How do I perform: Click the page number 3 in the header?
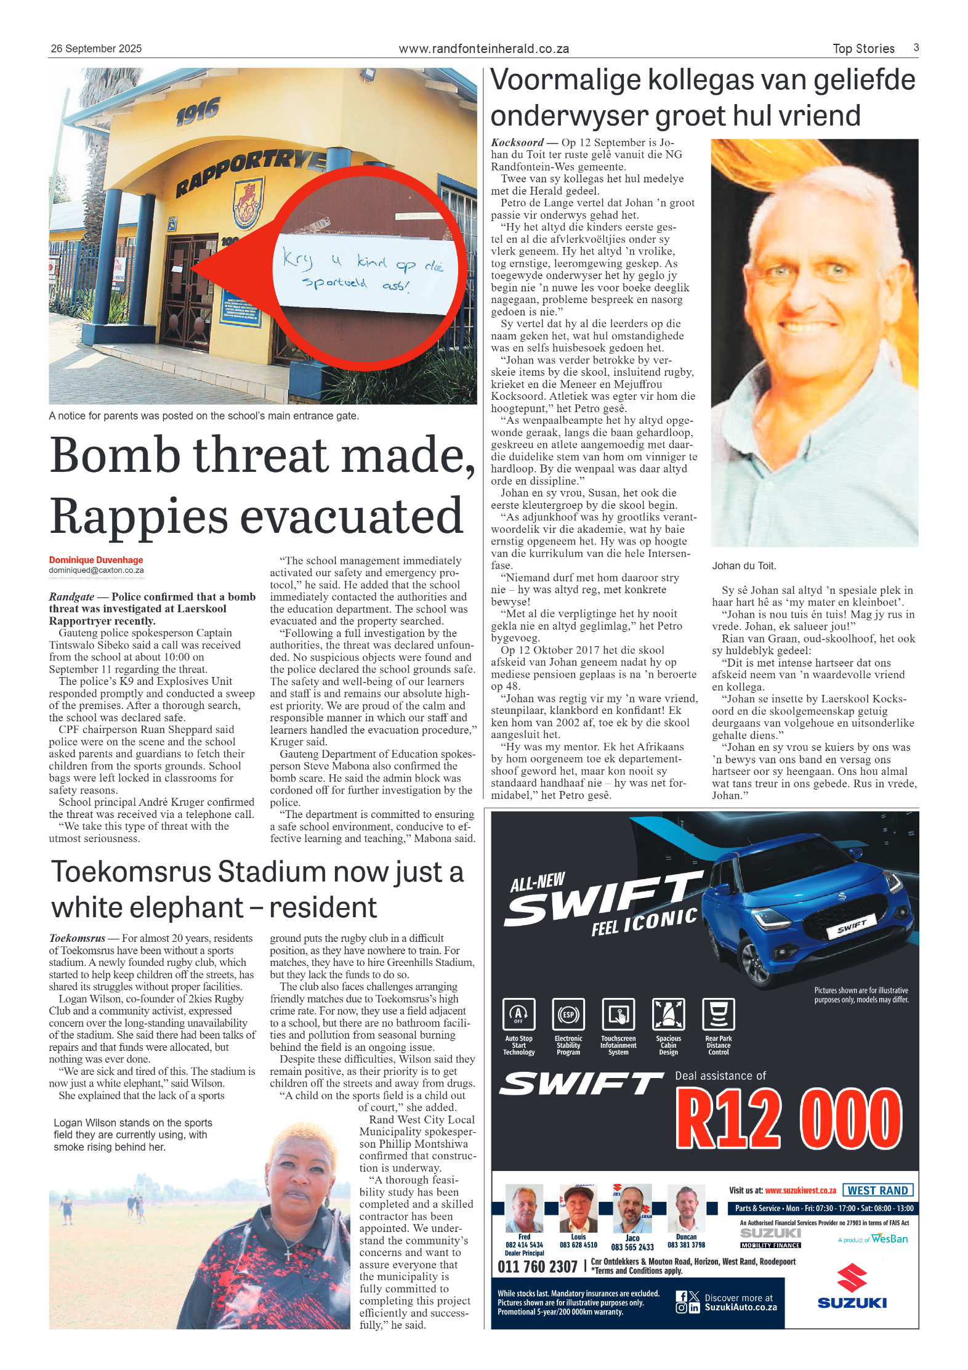point(916,47)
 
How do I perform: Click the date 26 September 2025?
point(96,49)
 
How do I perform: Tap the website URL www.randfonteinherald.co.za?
point(483,49)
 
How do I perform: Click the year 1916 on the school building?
point(198,111)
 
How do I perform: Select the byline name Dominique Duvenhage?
point(96,560)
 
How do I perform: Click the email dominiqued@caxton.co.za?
point(96,570)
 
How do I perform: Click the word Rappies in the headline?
point(139,516)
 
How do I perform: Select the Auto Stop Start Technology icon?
point(518,1015)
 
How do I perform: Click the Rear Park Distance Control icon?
point(718,1015)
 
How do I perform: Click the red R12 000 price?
point(789,1118)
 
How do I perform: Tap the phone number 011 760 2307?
point(537,1267)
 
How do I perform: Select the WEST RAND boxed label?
point(877,1190)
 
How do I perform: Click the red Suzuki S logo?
point(852,1278)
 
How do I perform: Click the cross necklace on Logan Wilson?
point(288,1254)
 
